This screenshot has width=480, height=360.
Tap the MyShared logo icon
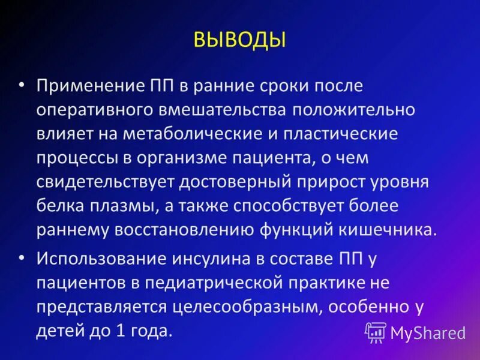376,332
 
